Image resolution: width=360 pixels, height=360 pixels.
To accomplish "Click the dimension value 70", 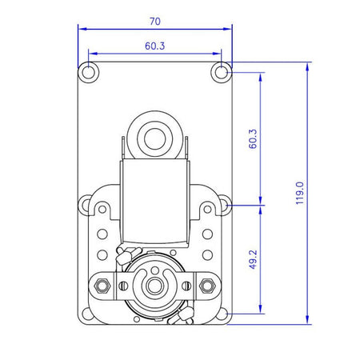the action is (155, 22).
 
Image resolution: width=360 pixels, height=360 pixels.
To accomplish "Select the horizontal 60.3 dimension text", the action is (155, 46).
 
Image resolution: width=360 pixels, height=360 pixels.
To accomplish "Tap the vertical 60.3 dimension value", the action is (253, 138).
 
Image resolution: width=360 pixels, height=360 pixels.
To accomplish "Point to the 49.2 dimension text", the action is (253, 259).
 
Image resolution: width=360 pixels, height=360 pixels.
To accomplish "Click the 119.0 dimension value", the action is (300, 193).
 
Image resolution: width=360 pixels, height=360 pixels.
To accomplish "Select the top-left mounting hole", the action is (88, 72).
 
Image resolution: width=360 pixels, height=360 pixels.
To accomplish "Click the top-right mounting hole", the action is (222, 72).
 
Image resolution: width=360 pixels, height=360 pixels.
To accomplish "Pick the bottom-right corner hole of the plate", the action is (222, 314).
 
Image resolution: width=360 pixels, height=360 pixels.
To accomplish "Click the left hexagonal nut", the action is (102, 286).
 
